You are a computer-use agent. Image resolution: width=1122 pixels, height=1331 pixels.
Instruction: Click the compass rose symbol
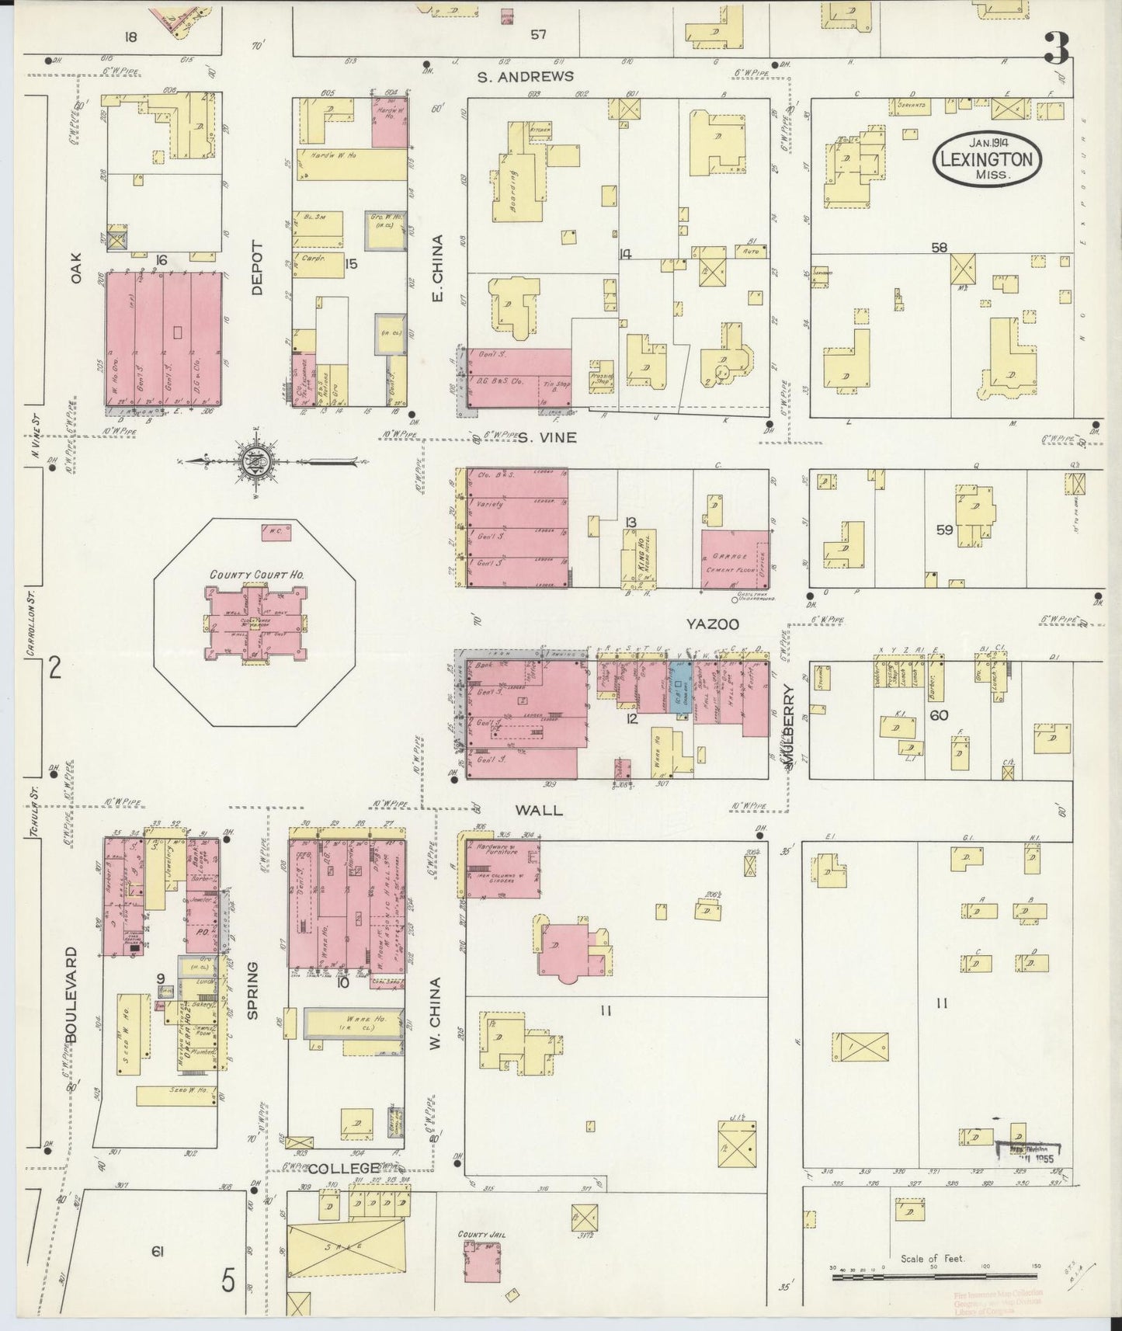pyautogui.click(x=264, y=461)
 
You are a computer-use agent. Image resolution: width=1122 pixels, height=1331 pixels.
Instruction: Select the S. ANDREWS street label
pyautogui.click(x=526, y=76)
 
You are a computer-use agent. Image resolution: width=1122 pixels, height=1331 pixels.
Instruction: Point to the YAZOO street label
pyautogui.click(x=711, y=624)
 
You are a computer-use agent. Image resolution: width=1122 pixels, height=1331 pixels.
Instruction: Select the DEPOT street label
pyautogui.click(x=257, y=268)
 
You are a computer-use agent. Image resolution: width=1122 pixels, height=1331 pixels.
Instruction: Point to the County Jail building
pyautogui.click(x=482, y=1263)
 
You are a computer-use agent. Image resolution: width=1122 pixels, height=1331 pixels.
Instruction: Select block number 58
pyautogui.click(x=940, y=248)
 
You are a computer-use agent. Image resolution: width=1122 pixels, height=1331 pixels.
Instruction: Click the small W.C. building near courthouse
pyautogui.click(x=276, y=533)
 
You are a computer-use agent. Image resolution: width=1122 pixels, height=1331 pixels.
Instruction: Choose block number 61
pyautogui.click(x=158, y=1250)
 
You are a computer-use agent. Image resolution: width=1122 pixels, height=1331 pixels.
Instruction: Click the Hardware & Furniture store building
pyautogui.click(x=502, y=868)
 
